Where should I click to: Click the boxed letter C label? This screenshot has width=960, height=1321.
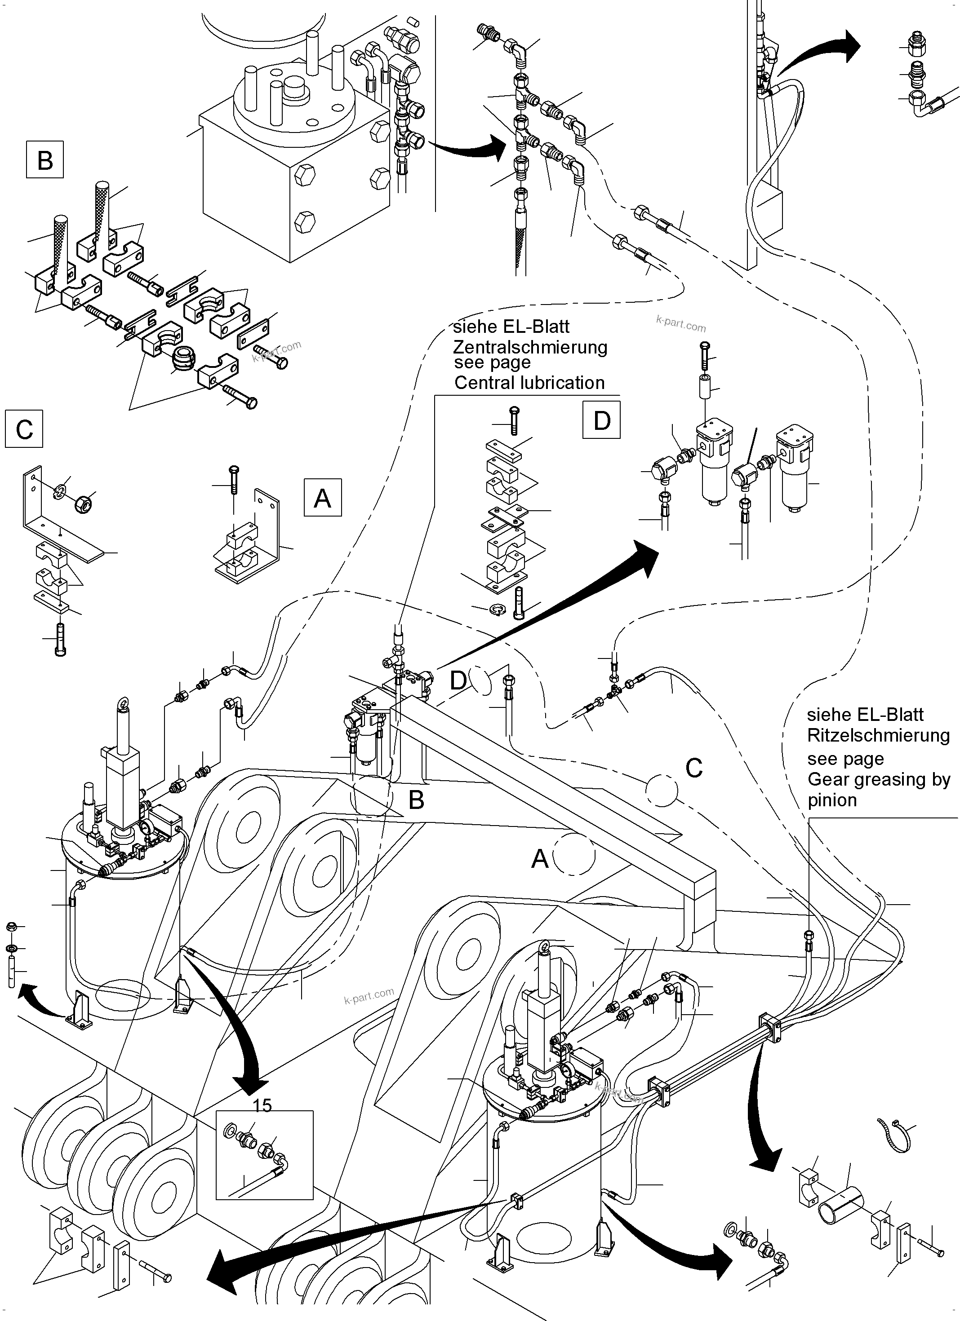coord(24,430)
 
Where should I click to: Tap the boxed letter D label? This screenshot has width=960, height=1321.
coord(601,420)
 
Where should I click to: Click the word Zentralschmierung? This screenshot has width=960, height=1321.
coord(530,347)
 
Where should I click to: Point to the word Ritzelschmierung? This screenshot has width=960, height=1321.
coord(878,736)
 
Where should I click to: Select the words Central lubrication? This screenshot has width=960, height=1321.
coord(529,383)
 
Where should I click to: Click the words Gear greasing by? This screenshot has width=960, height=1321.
coord(878,779)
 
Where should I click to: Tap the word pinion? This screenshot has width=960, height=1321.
coord(832,800)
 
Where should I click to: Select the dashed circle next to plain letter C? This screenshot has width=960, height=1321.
coord(662,790)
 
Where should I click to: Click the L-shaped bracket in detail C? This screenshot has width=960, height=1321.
coord(53,527)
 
